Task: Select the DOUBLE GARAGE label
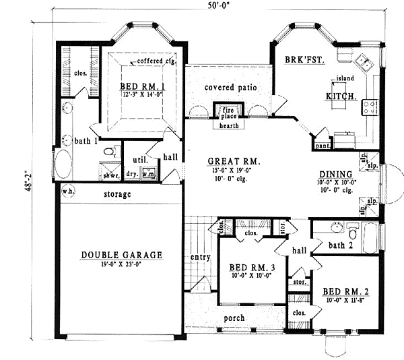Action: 122,255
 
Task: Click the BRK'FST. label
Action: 305,60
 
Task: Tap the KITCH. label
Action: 339,96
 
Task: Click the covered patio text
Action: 230,88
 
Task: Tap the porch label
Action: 234,318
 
